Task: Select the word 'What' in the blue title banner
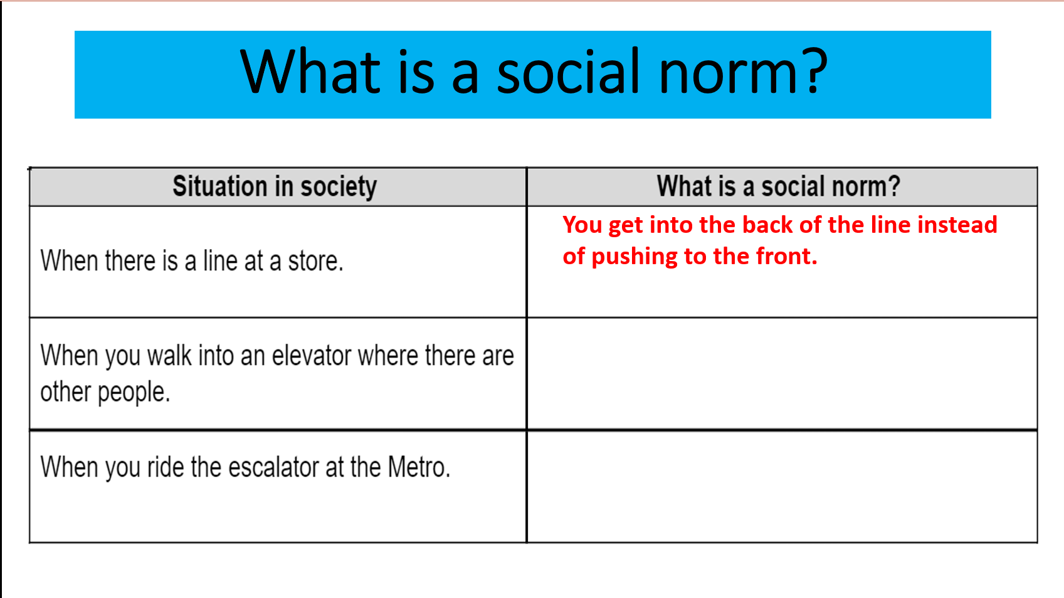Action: (x=310, y=72)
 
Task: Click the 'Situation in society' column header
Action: (x=275, y=186)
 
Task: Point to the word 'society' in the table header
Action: (x=339, y=187)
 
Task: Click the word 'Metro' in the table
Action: (x=416, y=467)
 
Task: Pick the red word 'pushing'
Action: (x=634, y=257)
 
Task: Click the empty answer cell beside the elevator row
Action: (x=782, y=373)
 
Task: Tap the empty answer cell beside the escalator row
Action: (x=782, y=487)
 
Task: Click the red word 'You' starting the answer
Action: (x=582, y=225)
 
